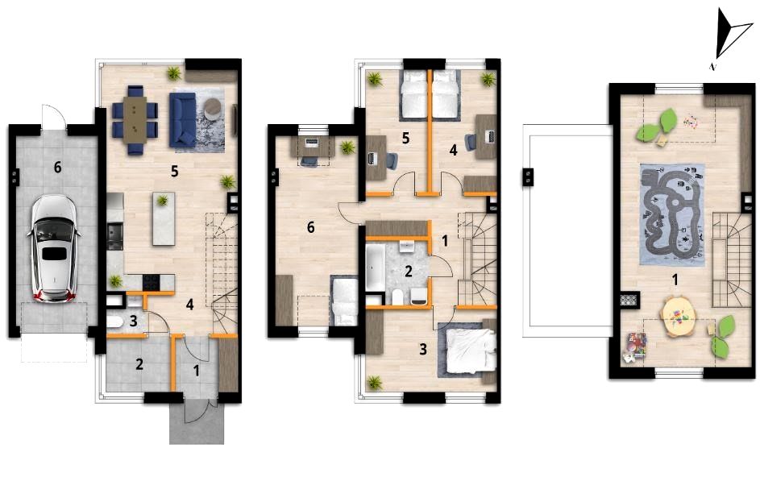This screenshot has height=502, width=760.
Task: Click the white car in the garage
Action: tap(53, 249)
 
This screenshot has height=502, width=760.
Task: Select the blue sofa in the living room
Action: tap(182, 120)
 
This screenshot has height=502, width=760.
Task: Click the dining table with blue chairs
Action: tap(135, 120)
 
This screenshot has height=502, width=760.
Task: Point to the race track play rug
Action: tap(672, 214)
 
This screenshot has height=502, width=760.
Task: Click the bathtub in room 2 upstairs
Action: tap(375, 268)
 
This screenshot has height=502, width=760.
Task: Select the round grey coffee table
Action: tap(212, 108)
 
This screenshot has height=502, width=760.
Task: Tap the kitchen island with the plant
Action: tap(164, 218)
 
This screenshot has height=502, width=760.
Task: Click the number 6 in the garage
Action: tap(58, 168)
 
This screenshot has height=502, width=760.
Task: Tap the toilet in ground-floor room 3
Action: tap(115, 322)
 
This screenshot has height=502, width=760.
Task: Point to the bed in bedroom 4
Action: tap(446, 94)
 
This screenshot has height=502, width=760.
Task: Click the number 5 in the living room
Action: tap(175, 171)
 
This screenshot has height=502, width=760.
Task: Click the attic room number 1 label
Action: tap(675, 280)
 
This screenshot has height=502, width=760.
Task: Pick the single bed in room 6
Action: tap(344, 301)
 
